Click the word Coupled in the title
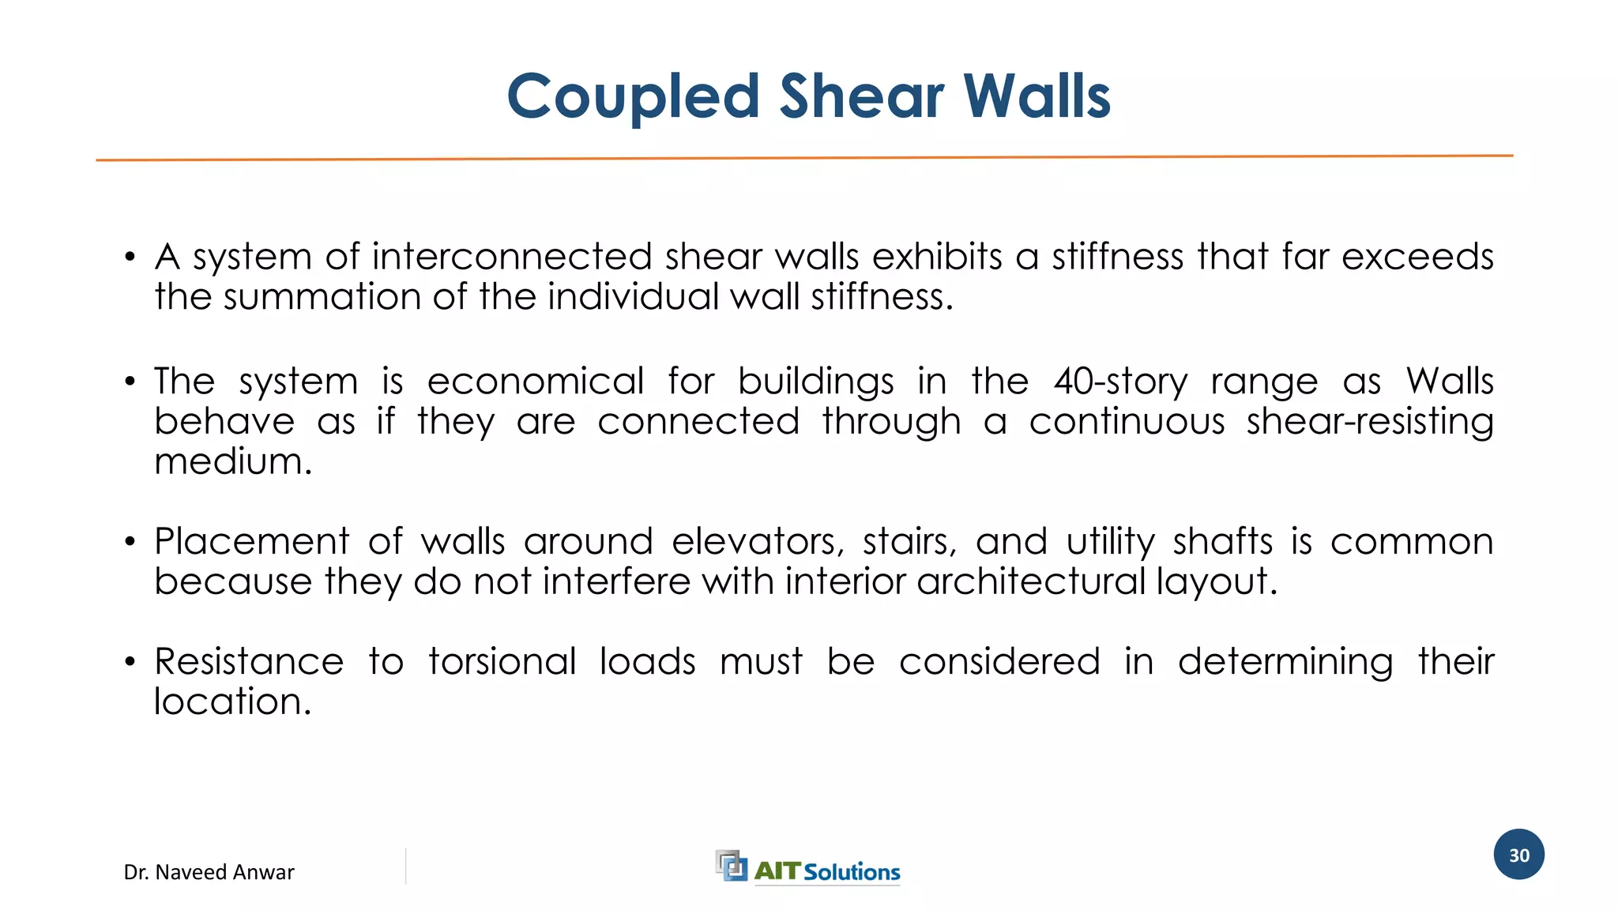pos(633,97)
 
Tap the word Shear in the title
pos(862,97)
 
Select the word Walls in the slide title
pos(1037,97)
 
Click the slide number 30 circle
pos(1518,855)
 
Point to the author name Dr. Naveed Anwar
pos(209,872)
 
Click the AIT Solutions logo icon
pos(731,865)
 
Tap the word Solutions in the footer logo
pos(852,872)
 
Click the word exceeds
pos(1417,257)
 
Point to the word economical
pos(536,382)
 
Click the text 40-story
pos(1120,382)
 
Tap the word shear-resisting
pos(1370,422)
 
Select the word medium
pos(233,461)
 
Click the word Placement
pos(251,542)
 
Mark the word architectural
pos(1030,582)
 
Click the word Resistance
pos(249,662)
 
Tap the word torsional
pos(502,662)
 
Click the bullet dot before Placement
pos(130,542)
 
